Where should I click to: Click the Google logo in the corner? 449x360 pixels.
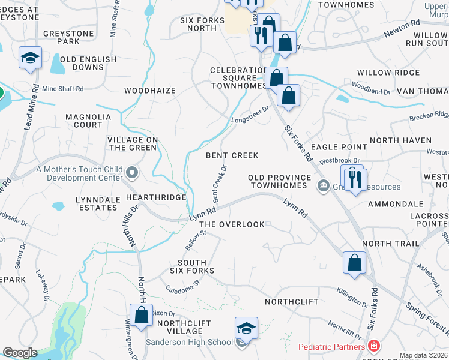(20, 353)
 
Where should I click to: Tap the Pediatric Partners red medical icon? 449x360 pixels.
(373, 347)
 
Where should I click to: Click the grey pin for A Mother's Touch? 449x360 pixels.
(133, 174)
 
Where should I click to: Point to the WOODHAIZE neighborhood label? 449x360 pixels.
(150, 91)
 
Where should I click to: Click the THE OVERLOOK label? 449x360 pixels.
(232, 224)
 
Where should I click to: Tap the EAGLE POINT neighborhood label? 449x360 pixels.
(344, 146)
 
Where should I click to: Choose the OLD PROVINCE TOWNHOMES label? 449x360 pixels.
(280, 182)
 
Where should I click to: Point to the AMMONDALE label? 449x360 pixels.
(396, 204)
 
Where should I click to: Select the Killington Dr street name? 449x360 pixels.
(353, 298)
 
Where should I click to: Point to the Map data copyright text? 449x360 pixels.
(423, 355)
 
